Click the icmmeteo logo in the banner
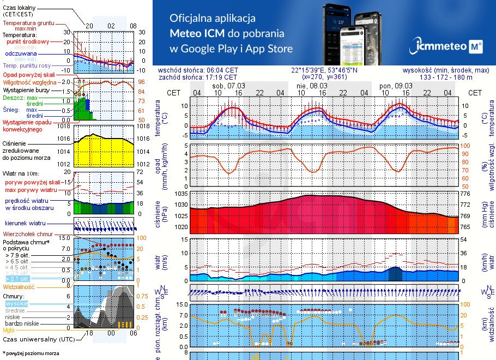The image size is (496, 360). click(448, 46)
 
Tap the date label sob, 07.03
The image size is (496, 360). click(229, 86)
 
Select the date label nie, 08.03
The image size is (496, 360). click(312, 86)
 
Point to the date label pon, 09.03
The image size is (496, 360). click(395, 86)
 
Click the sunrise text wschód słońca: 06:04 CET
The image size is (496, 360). click(198, 70)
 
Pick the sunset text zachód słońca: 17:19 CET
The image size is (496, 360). click(198, 77)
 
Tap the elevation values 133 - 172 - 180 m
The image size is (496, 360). click(446, 77)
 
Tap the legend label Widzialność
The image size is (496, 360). click(19, 286)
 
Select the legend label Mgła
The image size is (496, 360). click(9, 330)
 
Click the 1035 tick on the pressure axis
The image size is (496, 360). click(181, 194)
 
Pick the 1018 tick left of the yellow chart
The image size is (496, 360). click(64, 126)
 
